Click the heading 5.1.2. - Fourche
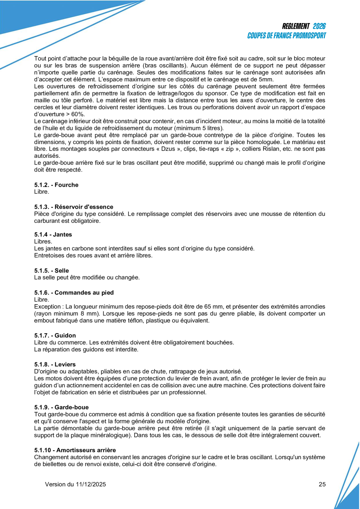click(56, 185)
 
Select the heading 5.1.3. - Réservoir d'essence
click(74, 206)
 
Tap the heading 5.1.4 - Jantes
click(53, 235)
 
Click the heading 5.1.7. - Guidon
click(55, 335)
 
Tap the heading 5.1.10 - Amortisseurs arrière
click(75, 450)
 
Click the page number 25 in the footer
click(322, 484)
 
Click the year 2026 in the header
click(319, 26)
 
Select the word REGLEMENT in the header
click(296, 26)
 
